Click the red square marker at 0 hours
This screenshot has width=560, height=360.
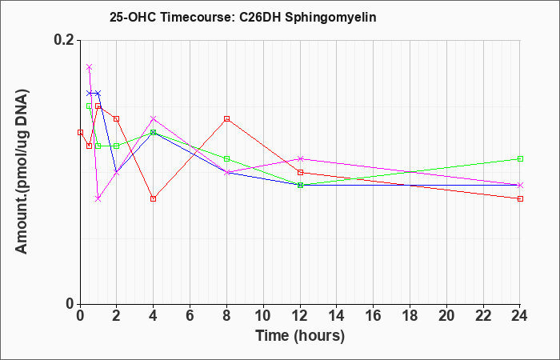[80, 133]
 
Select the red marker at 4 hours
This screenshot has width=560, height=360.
[154, 198]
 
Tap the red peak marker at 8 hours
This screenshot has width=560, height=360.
[226, 119]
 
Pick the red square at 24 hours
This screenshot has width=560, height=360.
[520, 198]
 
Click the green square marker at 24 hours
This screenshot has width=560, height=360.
[520, 158]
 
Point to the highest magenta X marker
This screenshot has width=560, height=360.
[90, 66]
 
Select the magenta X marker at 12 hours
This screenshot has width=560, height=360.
[300, 158]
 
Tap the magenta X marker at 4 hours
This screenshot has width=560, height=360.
[154, 118]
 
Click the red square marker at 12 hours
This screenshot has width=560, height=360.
[300, 172]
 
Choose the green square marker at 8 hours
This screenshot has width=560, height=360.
[226, 158]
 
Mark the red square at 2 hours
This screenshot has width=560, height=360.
[116, 119]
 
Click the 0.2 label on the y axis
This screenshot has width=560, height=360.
[64, 40]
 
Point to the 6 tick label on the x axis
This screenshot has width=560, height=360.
[190, 316]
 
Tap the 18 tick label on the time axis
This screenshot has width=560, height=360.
[410, 316]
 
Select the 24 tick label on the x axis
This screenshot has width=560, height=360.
[520, 316]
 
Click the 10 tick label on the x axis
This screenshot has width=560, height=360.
[263, 316]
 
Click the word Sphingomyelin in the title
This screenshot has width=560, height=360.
[330, 18]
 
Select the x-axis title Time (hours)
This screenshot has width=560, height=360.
[300, 336]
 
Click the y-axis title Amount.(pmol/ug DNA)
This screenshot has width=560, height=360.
[22, 172]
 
